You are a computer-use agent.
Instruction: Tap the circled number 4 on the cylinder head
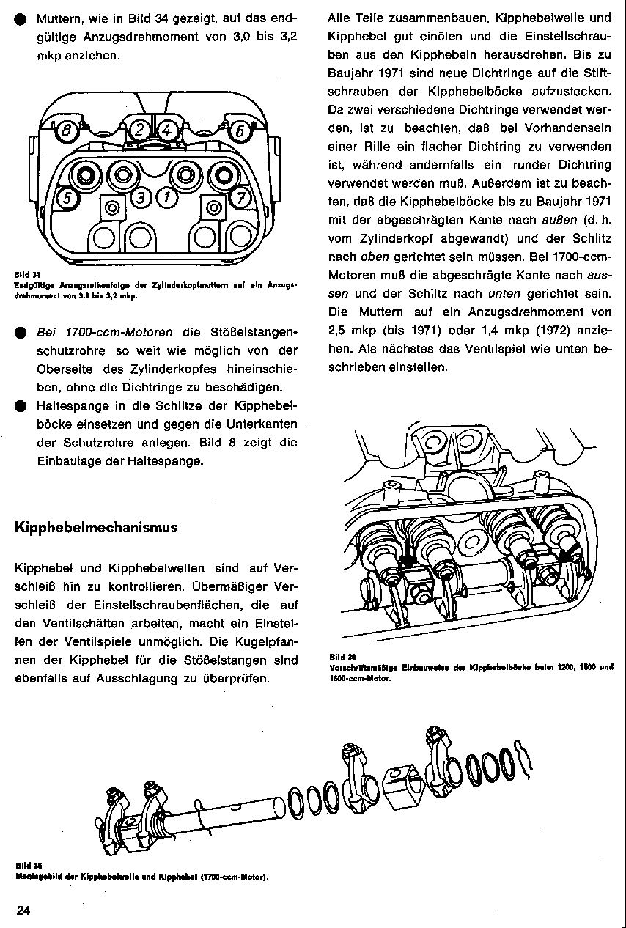(167, 130)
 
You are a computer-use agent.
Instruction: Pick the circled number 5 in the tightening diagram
(66, 198)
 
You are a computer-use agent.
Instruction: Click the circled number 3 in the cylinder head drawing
(141, 197)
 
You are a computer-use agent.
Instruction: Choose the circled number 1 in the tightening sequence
(166, 197)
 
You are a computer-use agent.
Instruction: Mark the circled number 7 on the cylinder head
(240, 198)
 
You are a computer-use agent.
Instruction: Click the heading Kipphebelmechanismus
(96, 528)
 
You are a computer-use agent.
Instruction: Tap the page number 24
(23, 910)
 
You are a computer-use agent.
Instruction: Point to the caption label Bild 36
(338, 658)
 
